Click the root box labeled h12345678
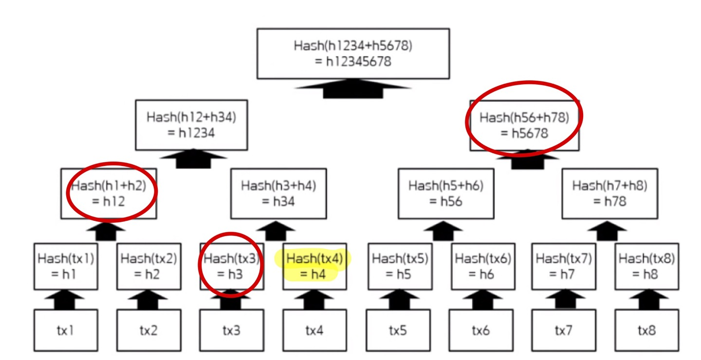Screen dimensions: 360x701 pos(353,54)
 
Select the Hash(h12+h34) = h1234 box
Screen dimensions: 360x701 pos(191,125)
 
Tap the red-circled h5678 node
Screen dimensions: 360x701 pos(524,125)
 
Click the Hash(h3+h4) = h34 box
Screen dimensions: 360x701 pos(278,194)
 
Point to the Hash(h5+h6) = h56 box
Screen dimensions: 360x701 pos(446,194)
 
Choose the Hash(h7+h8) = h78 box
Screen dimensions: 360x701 pos(609,194)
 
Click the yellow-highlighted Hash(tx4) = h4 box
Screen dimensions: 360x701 pos(314,267)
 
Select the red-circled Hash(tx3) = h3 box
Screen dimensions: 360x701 pos(232,267)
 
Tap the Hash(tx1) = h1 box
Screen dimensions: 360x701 pos(66,267)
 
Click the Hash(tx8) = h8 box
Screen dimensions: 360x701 pos(646,267)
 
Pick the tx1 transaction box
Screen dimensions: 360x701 pos(66,330)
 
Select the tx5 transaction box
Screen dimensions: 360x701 pos(398,330)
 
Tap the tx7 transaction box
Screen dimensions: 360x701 pos(563,330)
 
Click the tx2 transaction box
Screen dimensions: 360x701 pos(148,330)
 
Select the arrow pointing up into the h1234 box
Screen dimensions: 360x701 pos(193,159)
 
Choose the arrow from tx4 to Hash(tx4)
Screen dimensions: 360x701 pos(314,300)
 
